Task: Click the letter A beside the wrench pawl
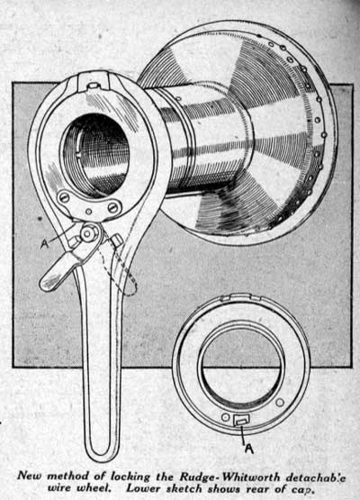pyautogui.click(x=45, y=244)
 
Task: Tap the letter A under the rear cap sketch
pyautogui.click(x=248, y=449)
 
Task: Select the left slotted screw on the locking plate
pyautogui.click(x=64, y=197)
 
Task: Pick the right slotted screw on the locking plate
pyautogui.click(x=113, y=207)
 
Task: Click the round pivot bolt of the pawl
pyautogui.click(x=86, y=233)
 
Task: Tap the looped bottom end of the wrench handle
pyautogui.click(x=103, y=447)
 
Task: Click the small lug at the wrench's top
pyautogui.click(x=94, y=86)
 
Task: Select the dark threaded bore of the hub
pyautogui.click(x=96, y=154)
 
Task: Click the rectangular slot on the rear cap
pyautogui.click(x=242, y=420)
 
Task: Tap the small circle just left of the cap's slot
pyautogui.click(x=226, y=417)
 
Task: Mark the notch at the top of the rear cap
pyautogui.click(x=241, y=297)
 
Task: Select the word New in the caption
pyautogui.click(x=30, y=476)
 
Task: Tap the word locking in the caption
pyautogui.click(x=130, y=477)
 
